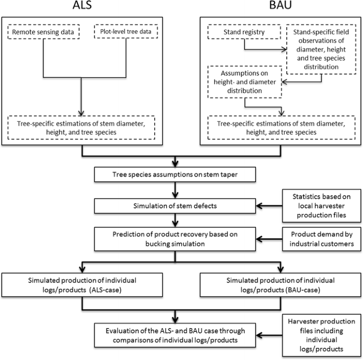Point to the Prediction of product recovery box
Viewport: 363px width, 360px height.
coord(175,238)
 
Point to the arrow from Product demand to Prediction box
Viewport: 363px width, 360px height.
coord(270,238)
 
